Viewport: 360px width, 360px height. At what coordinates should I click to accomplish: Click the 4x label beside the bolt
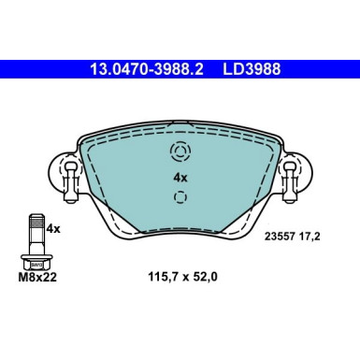coord(54,227)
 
